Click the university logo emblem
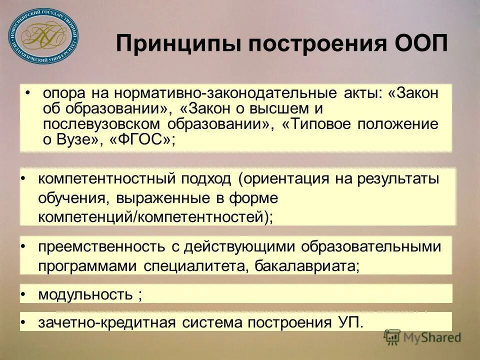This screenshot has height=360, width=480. (43, 37)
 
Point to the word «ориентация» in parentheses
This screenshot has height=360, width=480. (296, 179)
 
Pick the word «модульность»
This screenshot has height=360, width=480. (85, 294)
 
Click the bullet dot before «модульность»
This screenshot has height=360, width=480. (23, 294)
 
